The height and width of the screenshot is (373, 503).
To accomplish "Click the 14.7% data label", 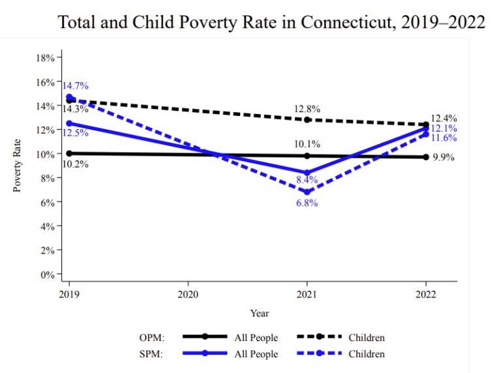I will (75, 85).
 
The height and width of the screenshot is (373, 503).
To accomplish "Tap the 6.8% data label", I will (307, 203).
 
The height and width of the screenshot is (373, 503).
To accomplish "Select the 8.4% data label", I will (307, 179).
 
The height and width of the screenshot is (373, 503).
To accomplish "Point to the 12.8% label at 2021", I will (307, 109).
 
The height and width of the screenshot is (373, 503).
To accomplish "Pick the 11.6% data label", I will (444, 138).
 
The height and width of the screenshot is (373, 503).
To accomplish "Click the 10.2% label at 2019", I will (76, 164).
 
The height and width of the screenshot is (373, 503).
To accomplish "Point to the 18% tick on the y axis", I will (46, 58).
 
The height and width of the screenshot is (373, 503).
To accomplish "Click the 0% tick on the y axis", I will (48, 275).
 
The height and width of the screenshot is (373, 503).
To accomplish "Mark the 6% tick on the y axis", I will (48, 202).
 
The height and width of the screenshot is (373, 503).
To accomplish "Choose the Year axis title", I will (259, 314).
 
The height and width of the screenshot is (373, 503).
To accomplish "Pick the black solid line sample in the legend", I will (205, 337).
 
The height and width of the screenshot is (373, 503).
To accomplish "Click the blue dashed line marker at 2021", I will (307, 192).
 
